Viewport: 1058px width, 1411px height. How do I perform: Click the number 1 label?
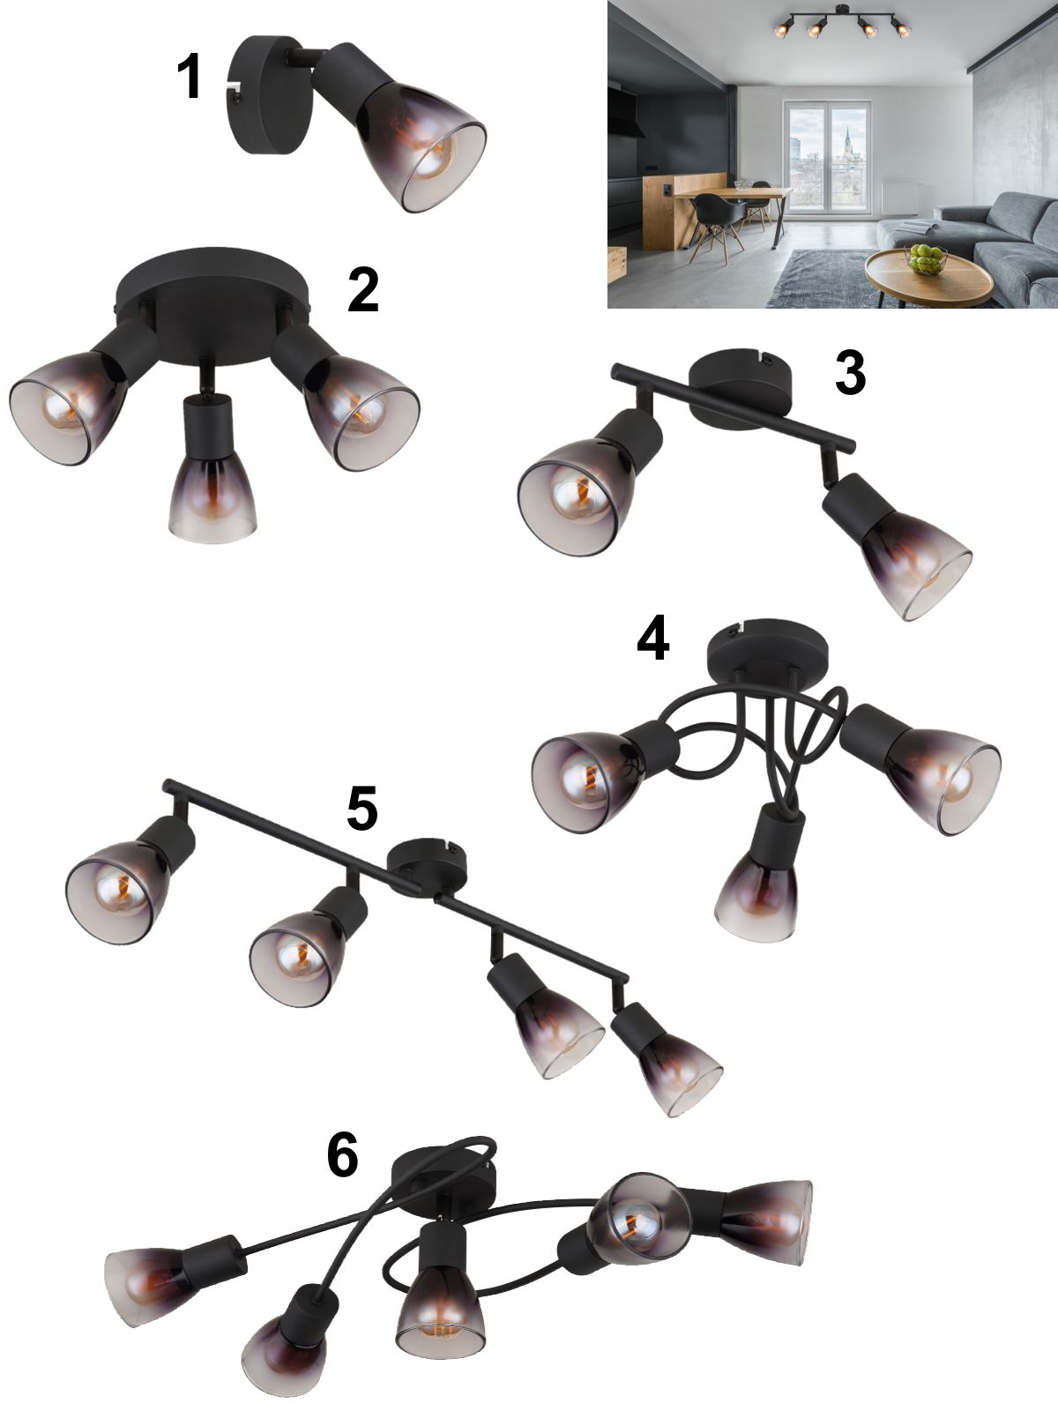[190, 77]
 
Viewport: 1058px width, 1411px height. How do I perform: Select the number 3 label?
[850, 373]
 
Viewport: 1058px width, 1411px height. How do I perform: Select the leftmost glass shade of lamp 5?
[117, 892]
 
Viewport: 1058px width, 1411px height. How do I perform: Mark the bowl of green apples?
[925, 258]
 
